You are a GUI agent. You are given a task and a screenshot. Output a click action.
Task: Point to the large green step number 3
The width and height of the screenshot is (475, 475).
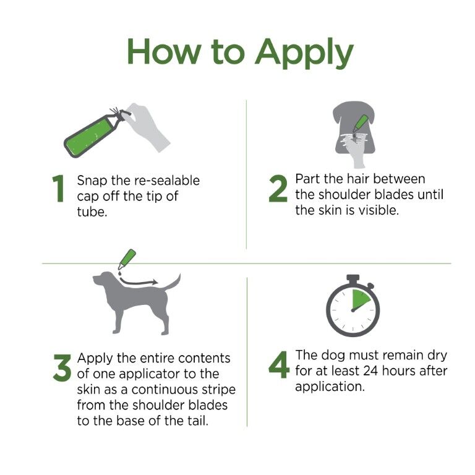click(61, 368)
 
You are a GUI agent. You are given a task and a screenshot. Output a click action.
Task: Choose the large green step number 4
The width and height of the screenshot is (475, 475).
click(278, 366)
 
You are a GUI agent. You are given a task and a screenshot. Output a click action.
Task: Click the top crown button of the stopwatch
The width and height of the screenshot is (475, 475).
click(353, 278)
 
